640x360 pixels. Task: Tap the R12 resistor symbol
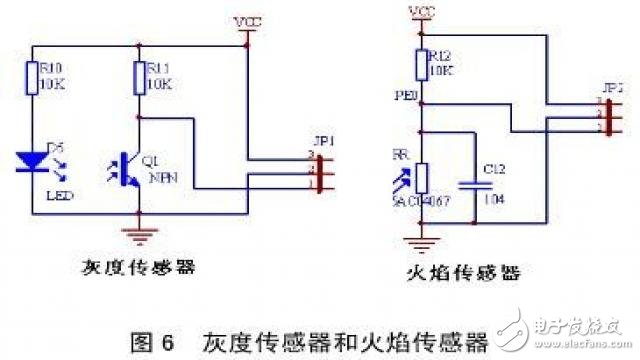tap(421, 64)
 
